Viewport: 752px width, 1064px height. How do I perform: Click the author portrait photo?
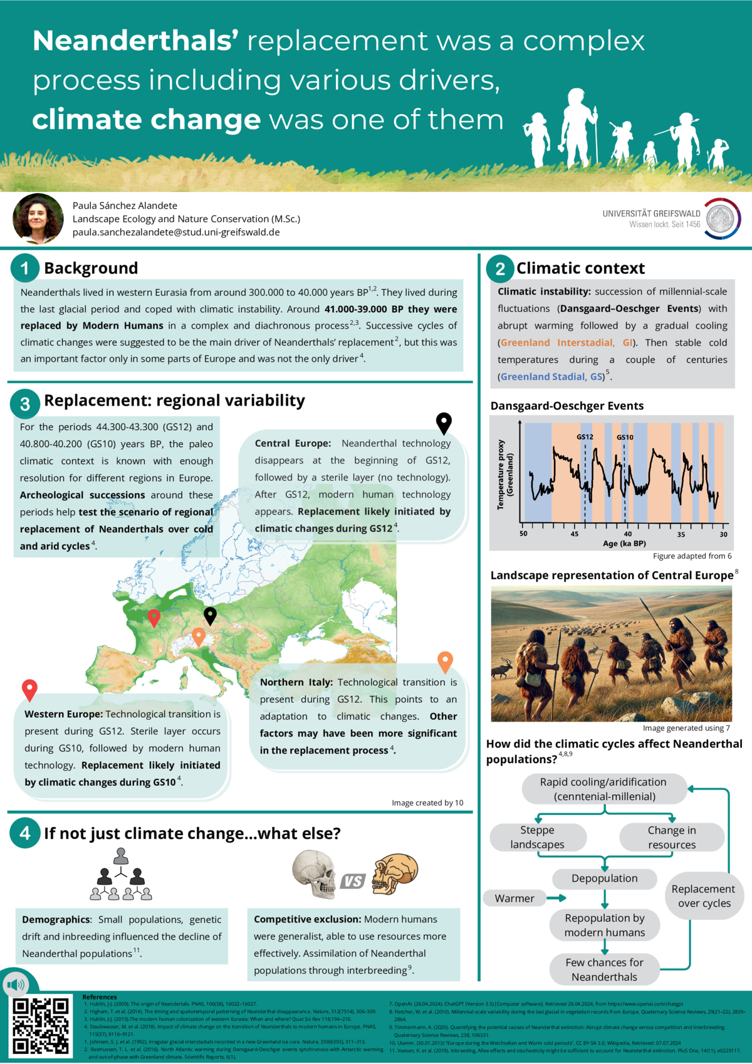[x=38, y=218]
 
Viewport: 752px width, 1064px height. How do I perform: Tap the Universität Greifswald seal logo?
[x=721, y=219]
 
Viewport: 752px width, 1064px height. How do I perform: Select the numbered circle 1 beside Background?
[x=24, y=268]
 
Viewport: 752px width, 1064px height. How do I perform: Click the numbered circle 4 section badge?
[x=24, y=833]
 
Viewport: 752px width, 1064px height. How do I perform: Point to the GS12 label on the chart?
[x=585, y=437]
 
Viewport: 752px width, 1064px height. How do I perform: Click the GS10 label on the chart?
[x=625, y=437]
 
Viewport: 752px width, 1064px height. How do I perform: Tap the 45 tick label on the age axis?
[x=575, y=534]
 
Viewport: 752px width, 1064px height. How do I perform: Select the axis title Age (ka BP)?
[x=624, y=544]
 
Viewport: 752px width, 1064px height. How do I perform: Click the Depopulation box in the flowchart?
[x=605, y=878]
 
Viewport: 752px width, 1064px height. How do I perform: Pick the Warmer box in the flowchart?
[x=514, y=898]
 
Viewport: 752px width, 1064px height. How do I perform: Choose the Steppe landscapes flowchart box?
[x=538, y=837]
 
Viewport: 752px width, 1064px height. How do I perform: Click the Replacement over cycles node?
[x=704, y=896]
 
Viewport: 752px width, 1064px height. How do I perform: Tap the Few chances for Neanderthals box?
[x=605, y=969]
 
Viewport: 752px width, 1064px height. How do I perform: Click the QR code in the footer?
[x=41, y=1026]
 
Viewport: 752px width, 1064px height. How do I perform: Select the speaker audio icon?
[x=15, y=985]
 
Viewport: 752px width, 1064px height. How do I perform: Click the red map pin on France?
[x=154, y=618]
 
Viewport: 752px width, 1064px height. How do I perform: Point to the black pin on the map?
[x=210, y=615]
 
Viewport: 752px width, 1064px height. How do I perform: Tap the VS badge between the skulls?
[x=352, y=882]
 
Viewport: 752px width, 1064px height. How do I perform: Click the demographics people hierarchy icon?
[x=121, y=874]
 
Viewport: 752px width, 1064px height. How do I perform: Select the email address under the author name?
[x=176, y=232]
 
